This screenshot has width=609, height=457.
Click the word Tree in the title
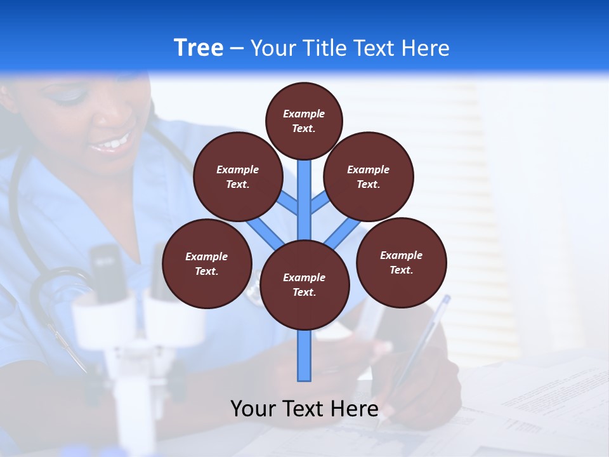point(199,48)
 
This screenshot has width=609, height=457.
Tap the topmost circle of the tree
point(304,121)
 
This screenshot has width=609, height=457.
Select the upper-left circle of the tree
point(237,176)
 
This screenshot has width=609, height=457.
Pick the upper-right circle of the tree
point(368,176)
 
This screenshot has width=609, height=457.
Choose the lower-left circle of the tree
point(206,263)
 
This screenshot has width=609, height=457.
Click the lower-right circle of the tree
point(401,262)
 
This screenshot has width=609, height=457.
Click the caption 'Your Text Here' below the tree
point(304,408)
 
